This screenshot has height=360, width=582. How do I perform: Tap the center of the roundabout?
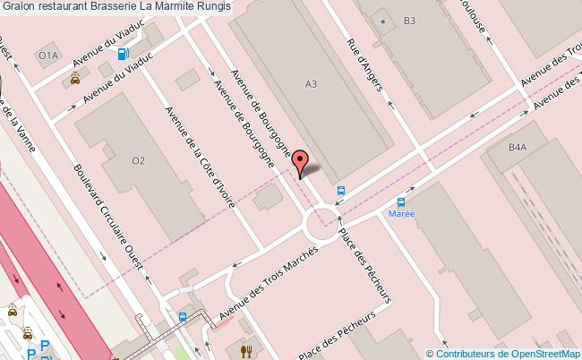click(x=323, y=221)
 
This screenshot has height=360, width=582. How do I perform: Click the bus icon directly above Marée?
click(x=401, y=202)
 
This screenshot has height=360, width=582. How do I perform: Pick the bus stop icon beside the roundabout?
click(x=341, y=190)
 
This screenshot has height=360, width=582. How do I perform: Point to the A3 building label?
click(x=312, y=85)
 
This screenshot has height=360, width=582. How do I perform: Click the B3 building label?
click(x=410, y=20)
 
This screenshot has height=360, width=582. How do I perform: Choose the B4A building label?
click(x=518, y=148)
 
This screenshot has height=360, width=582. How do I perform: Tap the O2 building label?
click(x=138, y=161)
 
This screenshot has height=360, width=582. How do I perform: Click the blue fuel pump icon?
click(x=123, y=52)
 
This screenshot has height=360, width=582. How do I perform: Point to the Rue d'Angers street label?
click(x=365, y=67)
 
